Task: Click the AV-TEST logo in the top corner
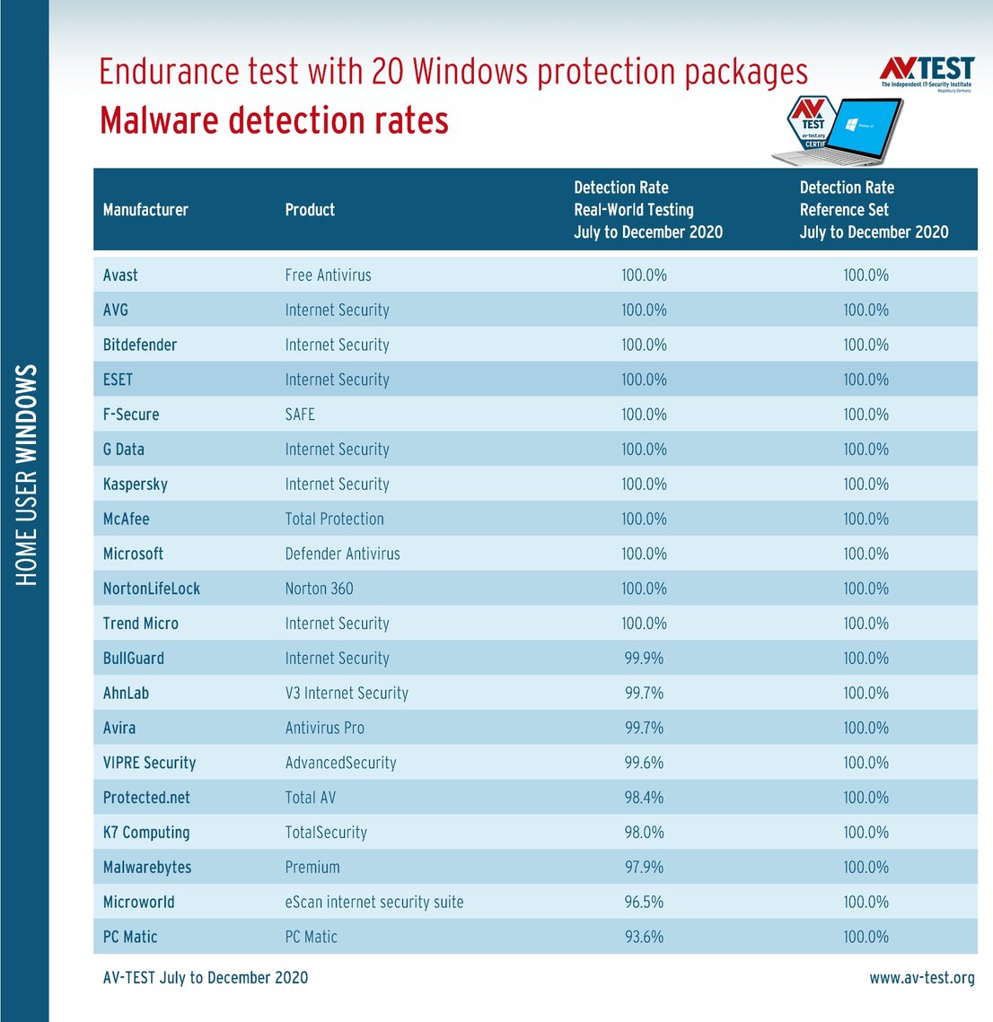pyautogui.click(x=927, y=72)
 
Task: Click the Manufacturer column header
pyautogui.click(x=145, y=210)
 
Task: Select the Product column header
pyautogui.click(x=310, y=210)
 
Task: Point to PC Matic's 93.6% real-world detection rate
pyautogui.click(x=644, y=937)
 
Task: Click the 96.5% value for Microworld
pyautogui.click(x=644, y=902)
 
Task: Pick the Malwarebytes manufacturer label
pyautogui.click(x=147, y=868)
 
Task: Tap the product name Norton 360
pyautogui.click(x=319, y=589)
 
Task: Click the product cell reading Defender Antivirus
pyautogui.click(x=342, y=554)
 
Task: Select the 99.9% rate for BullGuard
pyautogui.click(x=644, y=659)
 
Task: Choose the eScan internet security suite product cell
pyautogui.click(x=374, y=902)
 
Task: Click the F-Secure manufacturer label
pyautogui.click(x=131, y=415)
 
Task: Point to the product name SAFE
pyautogui.click(x=300, y=415)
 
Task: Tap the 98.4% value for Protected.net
pyautogui.click(x=644, y=798)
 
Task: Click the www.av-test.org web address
pyautogui.click(x=921, y=978)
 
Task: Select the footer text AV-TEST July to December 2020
pyautogui.click(x=206, y=978)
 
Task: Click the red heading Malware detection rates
pyautogui.click(x=274, y=120)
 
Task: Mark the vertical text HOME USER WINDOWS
pyautogui.click(x=27, y=475)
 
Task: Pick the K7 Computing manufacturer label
pyautogui.click(x=146, y=833)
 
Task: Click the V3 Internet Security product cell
pyautogui.click(x=347, y=694)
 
